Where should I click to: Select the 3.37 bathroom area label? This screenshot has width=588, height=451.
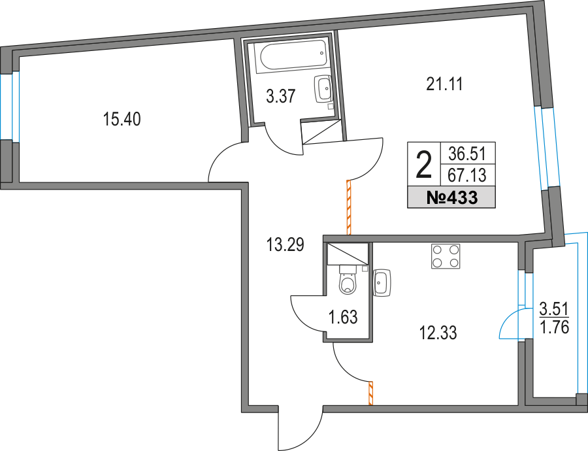(x=282, y=97)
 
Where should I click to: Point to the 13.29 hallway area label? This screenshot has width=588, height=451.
(x=286, y=245)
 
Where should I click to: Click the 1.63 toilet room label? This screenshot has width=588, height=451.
(x=343, y=318)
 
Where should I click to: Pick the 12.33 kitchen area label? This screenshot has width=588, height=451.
(x=437, y=333)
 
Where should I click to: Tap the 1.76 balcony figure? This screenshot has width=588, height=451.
(x=554, y=326)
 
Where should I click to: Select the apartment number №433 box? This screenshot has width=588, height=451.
(x=451, y=197)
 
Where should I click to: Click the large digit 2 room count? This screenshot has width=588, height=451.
(x=424, y=164)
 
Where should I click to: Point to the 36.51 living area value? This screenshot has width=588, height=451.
(x=468, y=154)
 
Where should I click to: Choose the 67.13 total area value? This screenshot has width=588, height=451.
(x=468, y=175)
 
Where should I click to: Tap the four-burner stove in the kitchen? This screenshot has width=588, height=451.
(x=446, y=256)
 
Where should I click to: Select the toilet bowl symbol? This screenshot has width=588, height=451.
(x=348, y=284)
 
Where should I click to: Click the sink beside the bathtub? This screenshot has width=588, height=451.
(x=323, y=88)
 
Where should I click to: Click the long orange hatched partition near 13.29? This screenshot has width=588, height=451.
(x=350, y=207)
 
